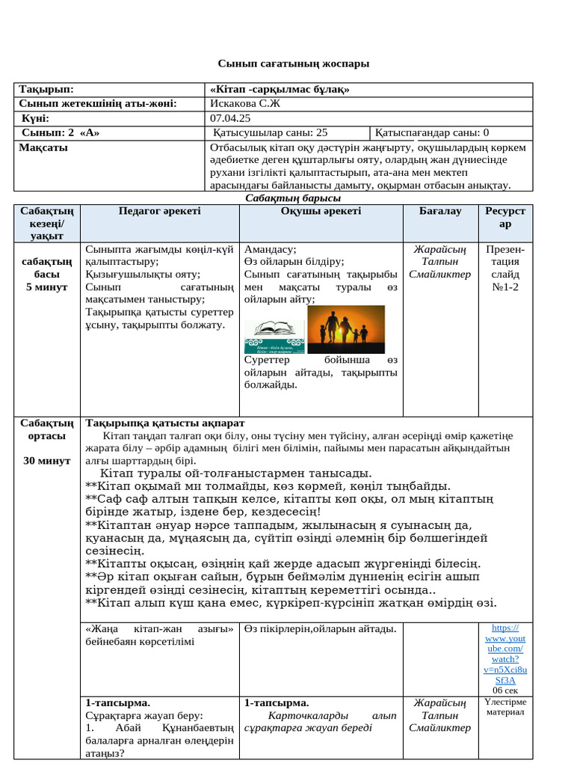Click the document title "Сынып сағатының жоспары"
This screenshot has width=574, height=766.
pos(293,64)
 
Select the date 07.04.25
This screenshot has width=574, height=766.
pos(230,118)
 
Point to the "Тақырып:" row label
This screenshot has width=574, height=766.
pos(46,89)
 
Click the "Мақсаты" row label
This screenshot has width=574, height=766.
pos(43,147)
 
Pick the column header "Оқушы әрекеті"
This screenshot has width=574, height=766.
pos(320,212)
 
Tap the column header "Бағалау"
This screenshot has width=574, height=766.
pos(439,212)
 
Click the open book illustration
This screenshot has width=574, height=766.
pos(274,329)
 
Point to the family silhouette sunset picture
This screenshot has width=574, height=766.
pos(346,329)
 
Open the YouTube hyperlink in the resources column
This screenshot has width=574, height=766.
pos(504,654)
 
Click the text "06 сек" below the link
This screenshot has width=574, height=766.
pos(504,690)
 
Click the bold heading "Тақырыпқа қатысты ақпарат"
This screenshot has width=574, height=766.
pos(165,423)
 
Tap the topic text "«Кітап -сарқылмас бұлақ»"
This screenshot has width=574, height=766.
pos(280,89)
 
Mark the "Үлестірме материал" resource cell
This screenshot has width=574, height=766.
pos(505,707)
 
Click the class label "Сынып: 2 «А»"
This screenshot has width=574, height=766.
pos(61,133)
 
